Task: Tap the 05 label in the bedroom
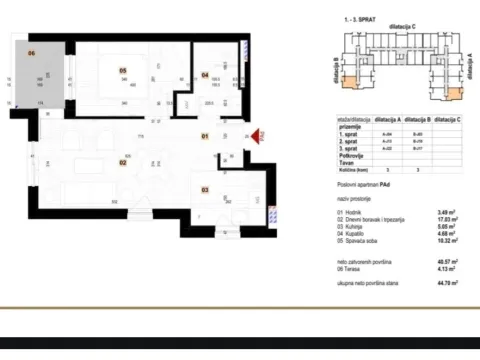pos(122,70)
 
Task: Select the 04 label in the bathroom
pos(204,74)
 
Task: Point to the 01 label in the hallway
pos(204,135)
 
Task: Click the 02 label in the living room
pos(123,161)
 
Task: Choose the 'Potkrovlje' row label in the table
pos(351,158)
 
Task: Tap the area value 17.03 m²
pos(445,221)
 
